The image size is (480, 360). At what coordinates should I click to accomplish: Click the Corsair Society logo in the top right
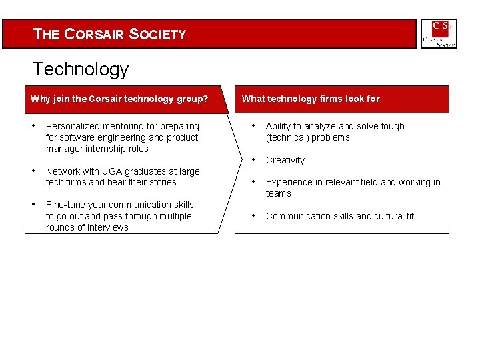click(x=439, y=33)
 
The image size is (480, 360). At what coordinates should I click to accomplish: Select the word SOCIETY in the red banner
click(x=158, y=35)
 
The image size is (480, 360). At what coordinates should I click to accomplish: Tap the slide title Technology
click(x=80, y=69)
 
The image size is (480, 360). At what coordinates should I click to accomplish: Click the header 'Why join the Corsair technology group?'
click(x=119, y=99)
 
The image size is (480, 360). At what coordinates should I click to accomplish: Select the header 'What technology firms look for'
click(x=311, y=99)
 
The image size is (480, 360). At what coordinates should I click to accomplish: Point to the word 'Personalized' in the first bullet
click(x=72, y=127)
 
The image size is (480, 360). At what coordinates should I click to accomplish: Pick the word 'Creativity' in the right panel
click(x=285, y=161)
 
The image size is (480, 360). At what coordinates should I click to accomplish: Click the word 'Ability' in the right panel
click(x=279, y=127)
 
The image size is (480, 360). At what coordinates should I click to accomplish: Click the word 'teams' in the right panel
click(x=278, y=194)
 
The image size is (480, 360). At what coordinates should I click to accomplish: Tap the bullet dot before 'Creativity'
click(x=253, y=159)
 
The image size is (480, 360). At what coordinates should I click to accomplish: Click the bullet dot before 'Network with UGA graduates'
click(x=33, y=171)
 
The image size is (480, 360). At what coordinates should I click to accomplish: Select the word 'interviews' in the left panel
click(x=108, y=228)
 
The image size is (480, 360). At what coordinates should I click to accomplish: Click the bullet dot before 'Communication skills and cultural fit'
click(x=253, y=215)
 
